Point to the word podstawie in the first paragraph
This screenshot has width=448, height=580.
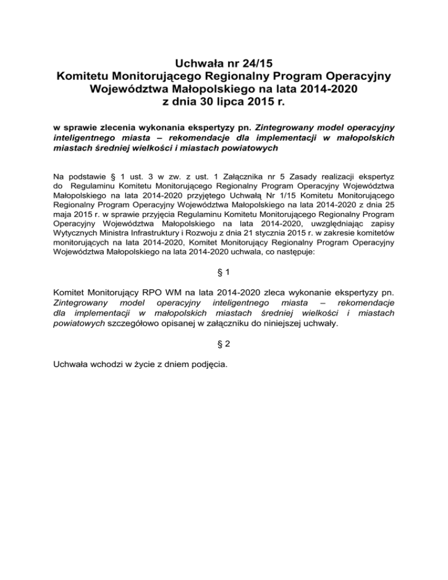point(89,174)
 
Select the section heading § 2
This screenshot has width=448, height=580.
point(224,344)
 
